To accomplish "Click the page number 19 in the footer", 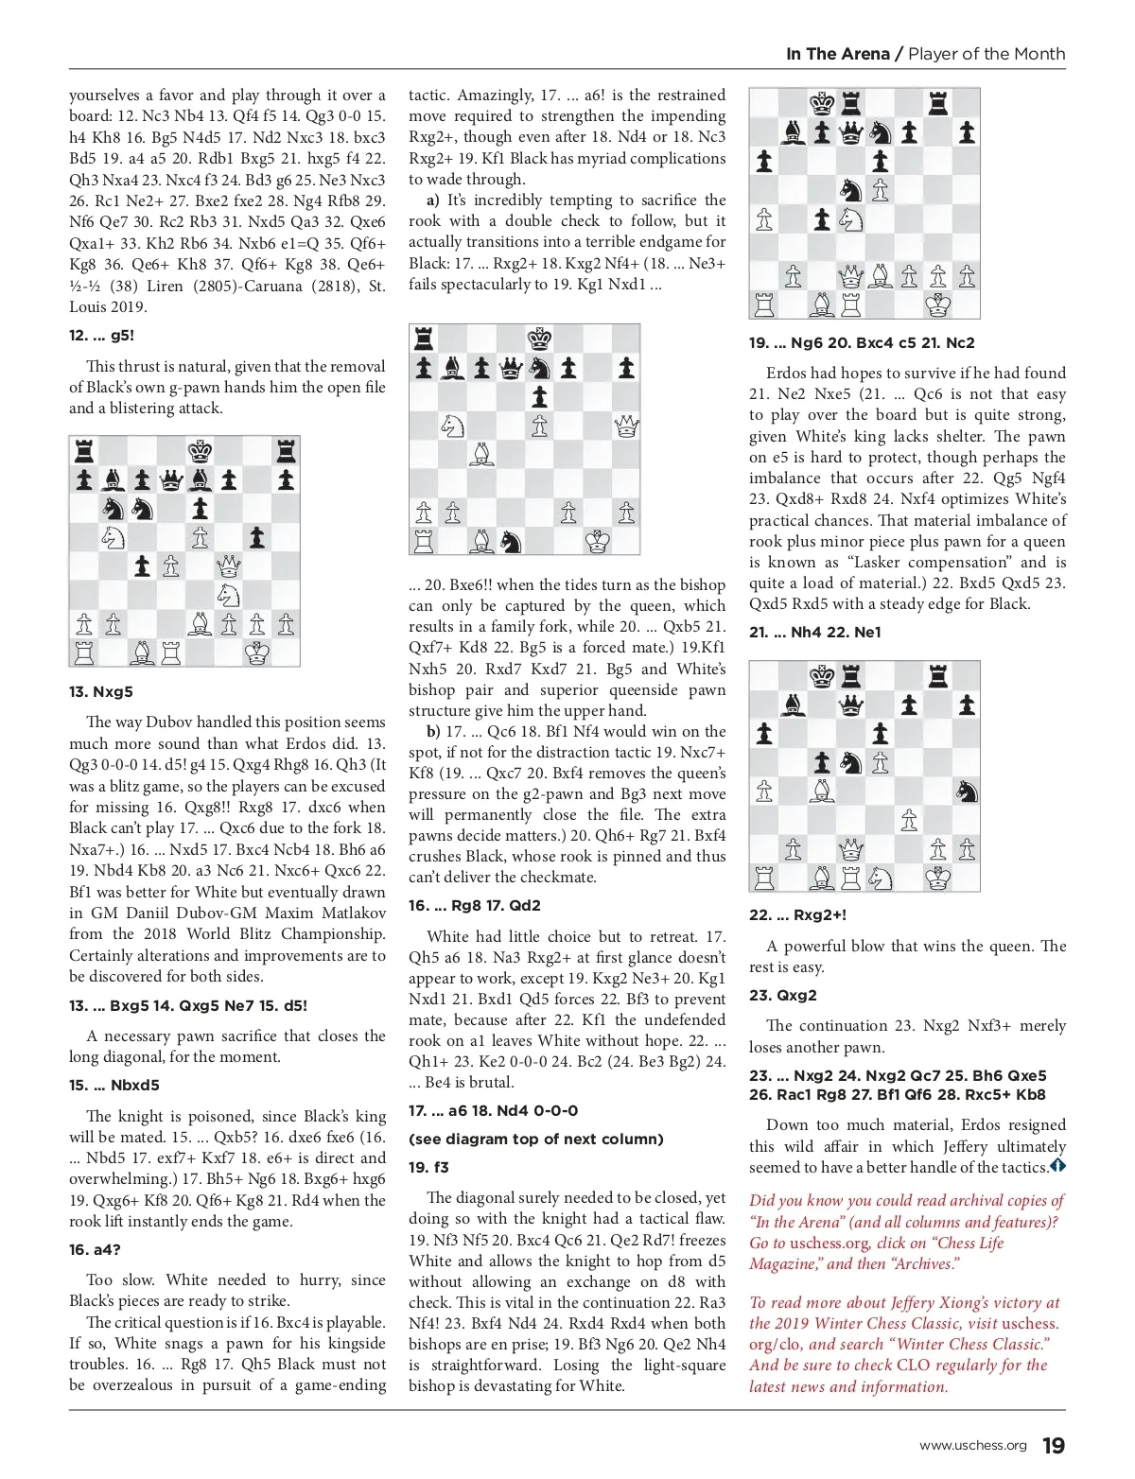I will click(x=1053, y=1446).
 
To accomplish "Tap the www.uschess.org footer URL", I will click(x=972, y=1446).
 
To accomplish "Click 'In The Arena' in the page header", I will click(x=837, y=54).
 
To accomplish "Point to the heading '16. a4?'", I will click(x=95, y=1249).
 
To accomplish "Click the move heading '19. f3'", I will click(x=428, y=1167).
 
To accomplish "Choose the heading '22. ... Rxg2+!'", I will click(x=797, y=914).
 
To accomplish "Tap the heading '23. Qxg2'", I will click(x=782, y=995).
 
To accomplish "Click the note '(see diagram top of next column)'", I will click(x=535, y=1139).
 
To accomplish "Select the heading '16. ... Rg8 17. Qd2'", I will click(x=475, y=905).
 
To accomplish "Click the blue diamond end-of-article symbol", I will click(x=1057, y=1167).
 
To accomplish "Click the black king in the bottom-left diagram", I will click(x=200, y=450).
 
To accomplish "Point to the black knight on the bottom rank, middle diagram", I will click(x=511, y=542).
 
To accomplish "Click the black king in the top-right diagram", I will click(x=822, y=102).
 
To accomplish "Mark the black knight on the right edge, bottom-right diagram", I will click(x=966, y=792).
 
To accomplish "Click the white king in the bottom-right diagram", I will click(x=937, y=878).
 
